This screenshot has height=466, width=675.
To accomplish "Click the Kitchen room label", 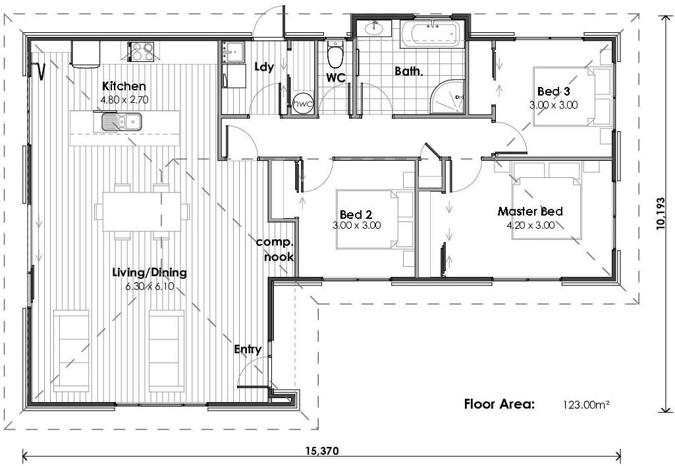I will [124, 86].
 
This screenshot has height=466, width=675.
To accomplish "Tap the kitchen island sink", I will [122, 121].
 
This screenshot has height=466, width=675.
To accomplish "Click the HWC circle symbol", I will [302, 103].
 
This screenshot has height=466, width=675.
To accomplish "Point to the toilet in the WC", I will [335, 55].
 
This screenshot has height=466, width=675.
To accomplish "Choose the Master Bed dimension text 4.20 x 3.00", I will [530, 225].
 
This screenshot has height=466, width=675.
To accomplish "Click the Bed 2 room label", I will [356, 215].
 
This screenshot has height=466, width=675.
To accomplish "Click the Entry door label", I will [248, 349].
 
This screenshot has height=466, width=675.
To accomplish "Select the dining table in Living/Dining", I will [141, 211].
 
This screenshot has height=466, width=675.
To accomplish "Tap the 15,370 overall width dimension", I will [322, 451].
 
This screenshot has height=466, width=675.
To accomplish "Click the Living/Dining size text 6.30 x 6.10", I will [149, 285].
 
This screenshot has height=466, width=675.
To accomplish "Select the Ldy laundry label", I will [264, 67].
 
